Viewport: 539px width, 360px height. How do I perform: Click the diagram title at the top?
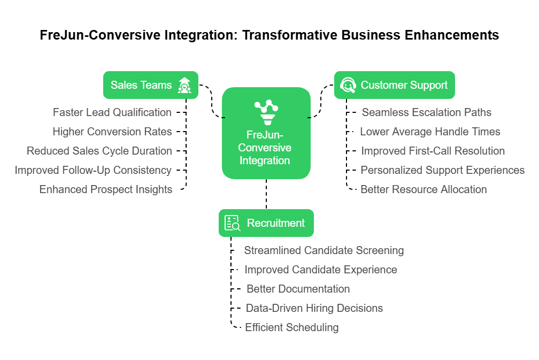[269, 35]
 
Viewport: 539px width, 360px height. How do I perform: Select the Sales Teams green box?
[150, 85]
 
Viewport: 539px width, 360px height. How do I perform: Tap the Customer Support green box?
[394, 85]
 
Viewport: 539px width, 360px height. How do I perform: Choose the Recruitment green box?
[266, 223]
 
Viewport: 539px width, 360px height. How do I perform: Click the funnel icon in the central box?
[266, 111]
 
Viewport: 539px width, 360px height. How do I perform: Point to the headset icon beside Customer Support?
[348, 85]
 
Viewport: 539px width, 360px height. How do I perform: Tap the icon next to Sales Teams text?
[184, 85]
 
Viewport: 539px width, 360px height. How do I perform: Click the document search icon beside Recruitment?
[232, 223]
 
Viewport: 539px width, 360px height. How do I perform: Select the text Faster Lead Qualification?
[112, 112]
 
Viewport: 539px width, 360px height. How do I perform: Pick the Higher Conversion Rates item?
[112, 132]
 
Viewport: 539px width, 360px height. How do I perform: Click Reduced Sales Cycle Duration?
[99, 151]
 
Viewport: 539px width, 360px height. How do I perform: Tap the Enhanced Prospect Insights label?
[106, 189]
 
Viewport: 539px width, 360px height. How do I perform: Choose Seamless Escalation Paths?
[427, 112]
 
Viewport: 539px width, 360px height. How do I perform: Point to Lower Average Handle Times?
[430, 132]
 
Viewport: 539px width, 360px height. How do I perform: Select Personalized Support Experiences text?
[442, 170]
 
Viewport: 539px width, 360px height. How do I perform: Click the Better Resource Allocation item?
[423, 189]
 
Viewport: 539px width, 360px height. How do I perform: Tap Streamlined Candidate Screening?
[324, 250]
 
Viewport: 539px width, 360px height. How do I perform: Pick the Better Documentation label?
[298, 289]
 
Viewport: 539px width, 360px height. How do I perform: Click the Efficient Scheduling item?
[291, 327]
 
